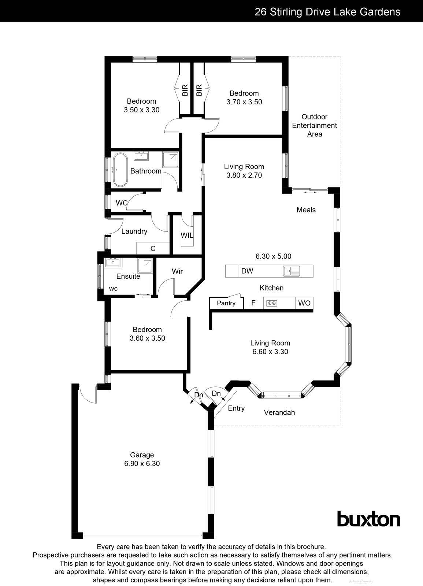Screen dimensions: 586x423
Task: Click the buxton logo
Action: click(x=368, y=519)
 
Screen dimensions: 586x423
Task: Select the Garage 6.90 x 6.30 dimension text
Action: click(x=142, y=463)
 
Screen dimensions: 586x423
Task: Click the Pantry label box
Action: click(x=226, y=303)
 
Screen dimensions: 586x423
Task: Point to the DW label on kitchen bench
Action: click(x=247, y=271)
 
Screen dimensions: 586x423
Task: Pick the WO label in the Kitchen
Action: click(x=304, y=303)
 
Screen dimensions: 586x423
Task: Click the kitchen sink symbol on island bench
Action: click(x=292, y=271)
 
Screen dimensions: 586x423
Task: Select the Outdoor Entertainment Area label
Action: click(x=314, y=125)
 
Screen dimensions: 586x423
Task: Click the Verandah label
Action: click(x=279, y=413)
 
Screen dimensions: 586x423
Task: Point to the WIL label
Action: click(x=187, y=235)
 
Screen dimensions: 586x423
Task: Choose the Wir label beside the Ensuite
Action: click(x=177, y=271)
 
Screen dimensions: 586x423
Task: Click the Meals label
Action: click(x=306, y=210)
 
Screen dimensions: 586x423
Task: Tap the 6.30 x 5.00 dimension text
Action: click(x=273, y=256)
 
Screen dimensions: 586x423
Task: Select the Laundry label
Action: click(x=134, y=231)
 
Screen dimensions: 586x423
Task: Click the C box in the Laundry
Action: click(x=153, y=248)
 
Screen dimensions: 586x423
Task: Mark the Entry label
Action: click(x=236, y=408)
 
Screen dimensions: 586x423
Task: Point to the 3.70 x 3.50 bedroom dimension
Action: click(x=244, y=102)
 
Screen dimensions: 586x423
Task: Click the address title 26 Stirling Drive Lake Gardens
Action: click(x=327, y=12)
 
